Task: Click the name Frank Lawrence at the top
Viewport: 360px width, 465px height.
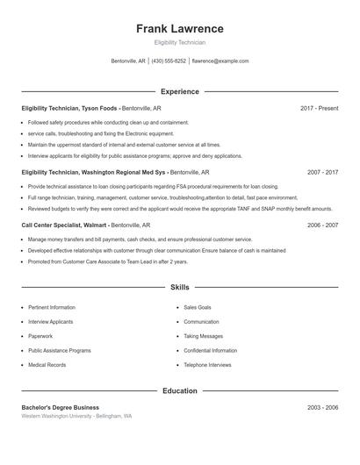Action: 180,28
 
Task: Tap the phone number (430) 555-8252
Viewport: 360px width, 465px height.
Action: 169,61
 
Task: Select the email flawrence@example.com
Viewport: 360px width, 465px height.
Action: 220,61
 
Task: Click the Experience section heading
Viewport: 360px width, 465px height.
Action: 180,91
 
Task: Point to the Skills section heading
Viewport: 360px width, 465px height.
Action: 180,287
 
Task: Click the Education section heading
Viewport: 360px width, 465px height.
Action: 180,390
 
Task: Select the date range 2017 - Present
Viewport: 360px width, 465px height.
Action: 319,108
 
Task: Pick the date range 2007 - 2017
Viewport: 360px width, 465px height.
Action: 322,173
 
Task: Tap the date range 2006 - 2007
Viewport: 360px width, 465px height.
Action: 322,225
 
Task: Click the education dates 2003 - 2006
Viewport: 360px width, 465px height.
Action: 322,407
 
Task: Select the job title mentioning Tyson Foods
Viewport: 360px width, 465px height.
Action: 70,108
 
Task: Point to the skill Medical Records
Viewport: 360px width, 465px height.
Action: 47,364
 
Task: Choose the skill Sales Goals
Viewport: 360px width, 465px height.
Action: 198,308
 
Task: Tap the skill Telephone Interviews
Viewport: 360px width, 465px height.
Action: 207,364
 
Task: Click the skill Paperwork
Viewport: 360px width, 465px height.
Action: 40,336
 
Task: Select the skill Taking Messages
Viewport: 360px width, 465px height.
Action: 203,336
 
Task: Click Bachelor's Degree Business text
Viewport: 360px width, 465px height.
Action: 61,407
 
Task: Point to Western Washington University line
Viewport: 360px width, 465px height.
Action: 77,416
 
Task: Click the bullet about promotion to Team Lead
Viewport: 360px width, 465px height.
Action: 108,261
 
